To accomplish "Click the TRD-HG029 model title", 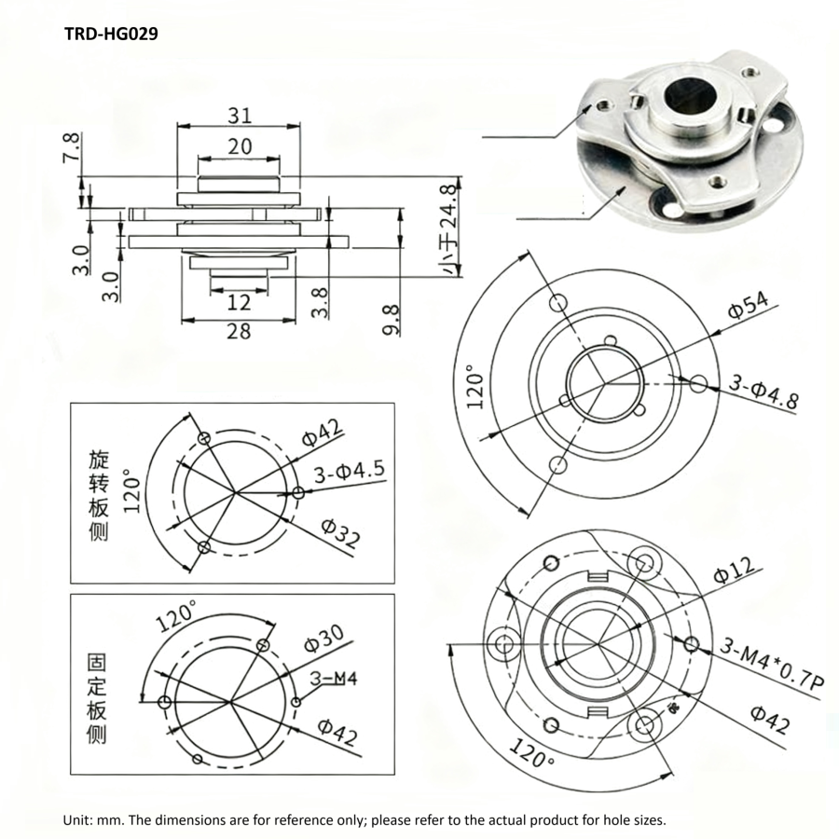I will click(111, 34).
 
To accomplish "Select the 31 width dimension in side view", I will click(240, 116).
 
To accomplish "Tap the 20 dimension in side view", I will click(240, 147).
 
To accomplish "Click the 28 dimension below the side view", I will click(239, 331).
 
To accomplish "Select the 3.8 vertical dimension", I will click(321, 302).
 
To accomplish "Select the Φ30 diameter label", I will click(323, 640).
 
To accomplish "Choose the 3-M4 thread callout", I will click(333, 679).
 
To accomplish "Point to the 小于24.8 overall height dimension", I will click(451, 228).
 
